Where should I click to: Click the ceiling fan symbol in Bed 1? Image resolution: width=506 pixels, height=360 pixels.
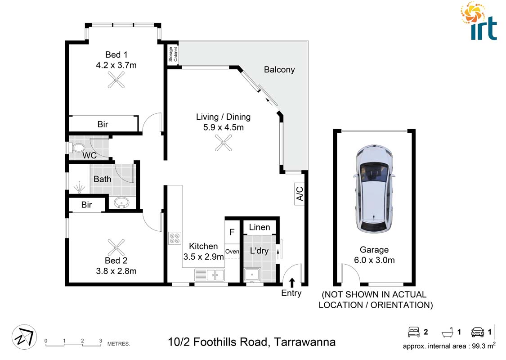(116, 80)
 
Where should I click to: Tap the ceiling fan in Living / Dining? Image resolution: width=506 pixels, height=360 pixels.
(223, 143)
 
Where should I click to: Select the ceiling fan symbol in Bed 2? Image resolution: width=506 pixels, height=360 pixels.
(116, 247)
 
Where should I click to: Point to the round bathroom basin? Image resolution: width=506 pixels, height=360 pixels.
(121, 203)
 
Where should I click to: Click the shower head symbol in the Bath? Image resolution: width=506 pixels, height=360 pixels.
(79, 188)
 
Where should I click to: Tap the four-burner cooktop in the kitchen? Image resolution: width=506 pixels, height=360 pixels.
(175, 238)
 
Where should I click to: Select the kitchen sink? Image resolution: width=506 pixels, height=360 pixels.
(210, 275)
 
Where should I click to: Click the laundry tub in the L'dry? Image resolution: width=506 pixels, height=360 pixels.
(252, 275)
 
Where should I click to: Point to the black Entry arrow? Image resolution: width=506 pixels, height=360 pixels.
(292, 283)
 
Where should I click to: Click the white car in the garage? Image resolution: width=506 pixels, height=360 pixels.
(374, 189)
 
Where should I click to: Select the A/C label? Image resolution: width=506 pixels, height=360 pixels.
(300, 193)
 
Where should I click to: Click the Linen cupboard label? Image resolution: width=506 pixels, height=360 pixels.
(260, 227)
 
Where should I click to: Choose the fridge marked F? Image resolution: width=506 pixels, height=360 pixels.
(232, 232)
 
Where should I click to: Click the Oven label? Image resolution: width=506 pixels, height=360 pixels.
(233, 252)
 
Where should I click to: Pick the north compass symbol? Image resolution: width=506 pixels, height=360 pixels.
(24, 337)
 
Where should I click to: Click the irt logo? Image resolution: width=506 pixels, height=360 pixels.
(479, 21)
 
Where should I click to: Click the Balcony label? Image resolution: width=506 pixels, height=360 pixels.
(279, 70)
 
